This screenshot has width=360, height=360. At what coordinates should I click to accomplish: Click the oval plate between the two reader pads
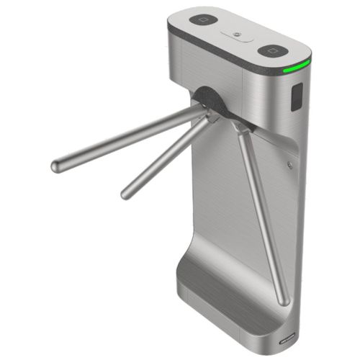(238, 35)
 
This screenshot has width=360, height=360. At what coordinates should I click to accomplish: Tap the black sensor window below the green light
(295, 98)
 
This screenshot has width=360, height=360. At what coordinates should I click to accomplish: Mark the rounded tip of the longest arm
(55, 166)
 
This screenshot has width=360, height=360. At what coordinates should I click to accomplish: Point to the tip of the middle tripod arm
(126, 194)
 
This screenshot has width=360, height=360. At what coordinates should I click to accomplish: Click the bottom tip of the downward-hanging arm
(285, 299)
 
